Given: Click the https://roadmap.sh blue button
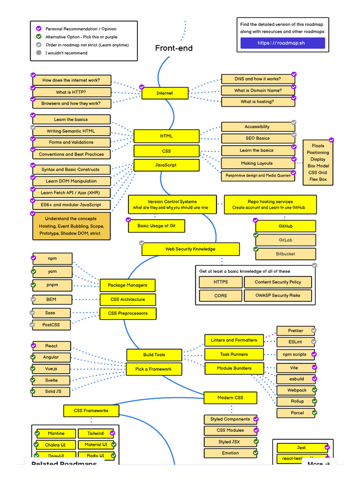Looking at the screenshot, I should (282, 43).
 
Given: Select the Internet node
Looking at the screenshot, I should (165, 93).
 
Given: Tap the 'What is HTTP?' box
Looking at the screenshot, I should (71, 92).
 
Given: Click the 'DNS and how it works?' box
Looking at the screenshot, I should (258, 79).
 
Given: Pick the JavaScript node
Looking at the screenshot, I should (165, 165).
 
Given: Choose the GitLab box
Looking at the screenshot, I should (285, 240).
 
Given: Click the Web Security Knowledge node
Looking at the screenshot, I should (190, 249).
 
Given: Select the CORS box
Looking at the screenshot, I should (220, 296).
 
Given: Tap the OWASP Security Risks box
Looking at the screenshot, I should (278, 296).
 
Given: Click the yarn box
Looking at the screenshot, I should (52, 271).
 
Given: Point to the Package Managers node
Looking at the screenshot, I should (127, 285).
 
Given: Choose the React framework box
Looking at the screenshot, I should (52, 346).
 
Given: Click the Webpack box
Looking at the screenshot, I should (297, 390).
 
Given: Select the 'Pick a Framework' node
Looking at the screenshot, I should (153, 369).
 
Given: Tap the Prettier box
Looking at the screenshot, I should (295, 331).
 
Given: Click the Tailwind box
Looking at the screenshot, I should (96, 434).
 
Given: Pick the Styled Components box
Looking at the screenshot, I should (230, 419).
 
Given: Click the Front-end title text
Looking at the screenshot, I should (174, 48).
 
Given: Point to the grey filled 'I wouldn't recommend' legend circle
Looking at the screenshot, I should (39, 53).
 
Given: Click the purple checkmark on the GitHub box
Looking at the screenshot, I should (255, 220).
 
